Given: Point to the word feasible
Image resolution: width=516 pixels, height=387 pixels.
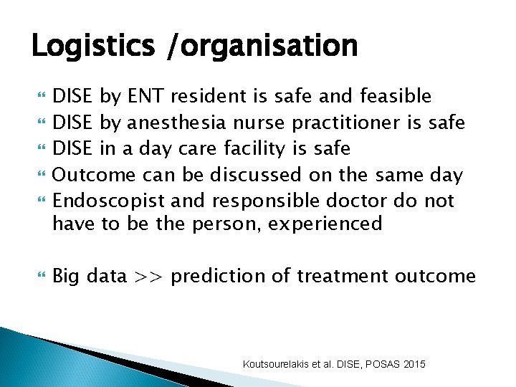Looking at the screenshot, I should [x=396, y=95].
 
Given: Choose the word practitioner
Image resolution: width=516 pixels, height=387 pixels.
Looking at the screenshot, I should [x=338, y=122].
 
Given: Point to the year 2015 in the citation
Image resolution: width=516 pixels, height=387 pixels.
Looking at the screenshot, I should [x=414, y=365].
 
